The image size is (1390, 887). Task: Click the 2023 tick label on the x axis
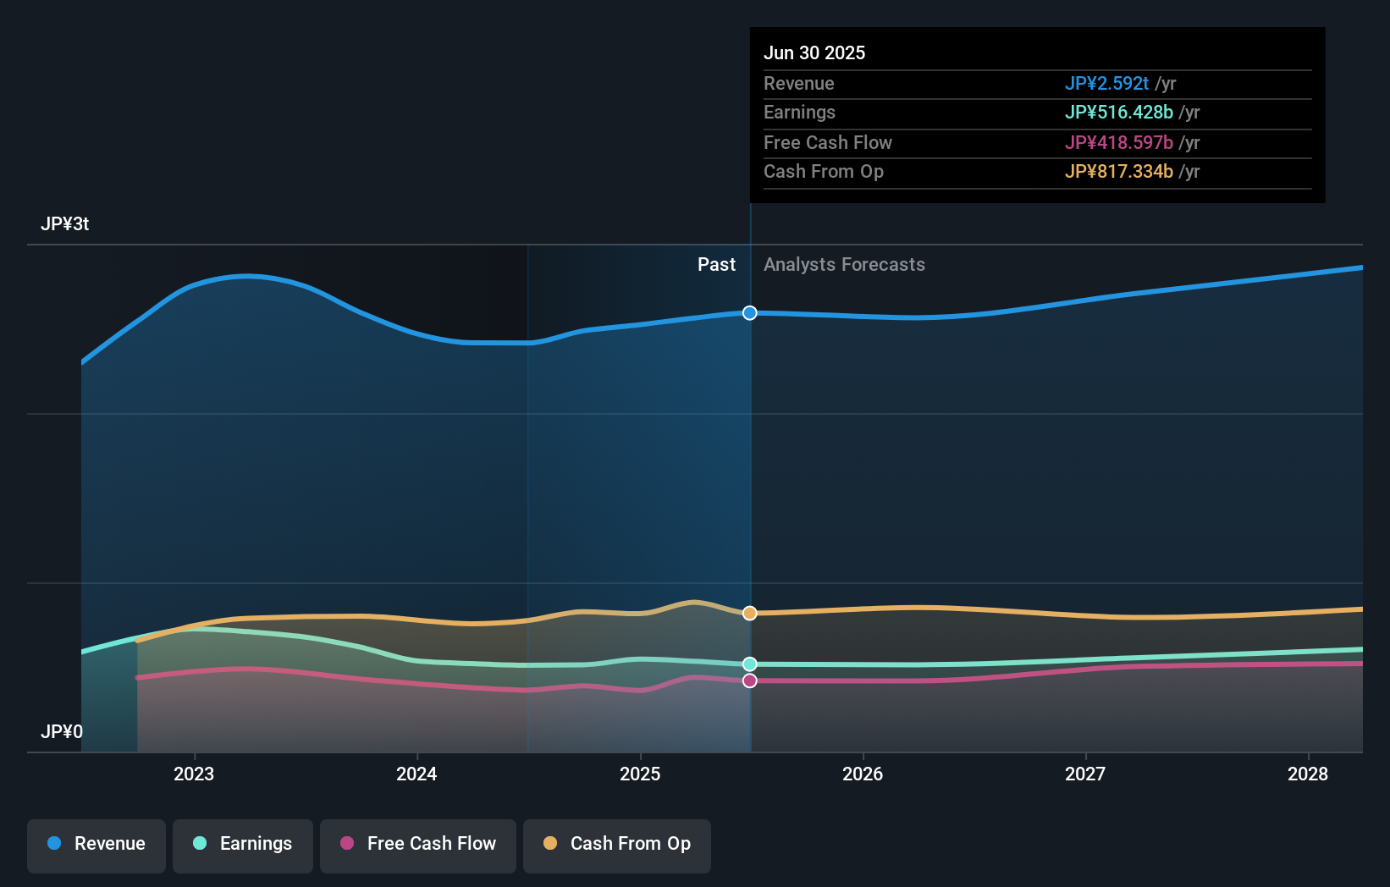click(194, 774)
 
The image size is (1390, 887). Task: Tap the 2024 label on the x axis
click(416, 774)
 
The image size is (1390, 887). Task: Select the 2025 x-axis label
click(640, 774)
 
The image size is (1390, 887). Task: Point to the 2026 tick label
click(863, 774)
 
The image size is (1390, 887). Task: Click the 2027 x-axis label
click(1085, 774)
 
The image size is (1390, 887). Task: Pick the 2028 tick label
click(1308, 774)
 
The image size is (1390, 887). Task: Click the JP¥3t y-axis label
click(64, 224)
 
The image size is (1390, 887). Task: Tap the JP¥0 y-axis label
click(62, 731)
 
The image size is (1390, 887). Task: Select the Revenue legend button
click(97, 844)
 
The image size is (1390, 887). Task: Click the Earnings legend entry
click(243, 844)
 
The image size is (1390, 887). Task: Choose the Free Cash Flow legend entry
click(418, 844)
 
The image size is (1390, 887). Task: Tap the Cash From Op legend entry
click(617, 844)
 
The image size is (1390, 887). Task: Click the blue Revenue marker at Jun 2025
click(750, 313)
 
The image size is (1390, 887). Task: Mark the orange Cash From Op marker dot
click(750, 613)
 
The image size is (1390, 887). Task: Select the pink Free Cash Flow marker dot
click(750, 680)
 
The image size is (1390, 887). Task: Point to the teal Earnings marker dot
click(750, 664)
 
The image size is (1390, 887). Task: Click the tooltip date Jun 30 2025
click(814, 52)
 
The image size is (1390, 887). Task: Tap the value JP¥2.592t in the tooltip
click(1106, 83)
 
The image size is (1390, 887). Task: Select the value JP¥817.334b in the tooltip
click(1118, 171)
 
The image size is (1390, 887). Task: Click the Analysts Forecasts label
click(844, 265)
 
